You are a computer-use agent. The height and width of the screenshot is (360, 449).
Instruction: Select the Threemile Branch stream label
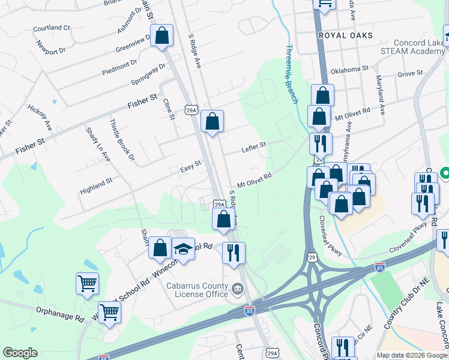(x=292, y=74)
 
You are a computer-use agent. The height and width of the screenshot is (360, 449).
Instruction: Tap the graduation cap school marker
(x=184, y=250)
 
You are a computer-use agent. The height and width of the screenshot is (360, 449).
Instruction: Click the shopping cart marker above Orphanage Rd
(x=87, y=283)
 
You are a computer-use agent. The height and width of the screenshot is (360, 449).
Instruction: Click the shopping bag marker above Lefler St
(x=212, y=121)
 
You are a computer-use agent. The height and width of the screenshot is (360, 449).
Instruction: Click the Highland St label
(x=96, y=186)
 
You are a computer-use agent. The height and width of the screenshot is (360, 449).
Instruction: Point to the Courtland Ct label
(x=52, y=28)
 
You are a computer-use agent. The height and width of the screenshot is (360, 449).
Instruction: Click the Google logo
(x=20, y=353)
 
